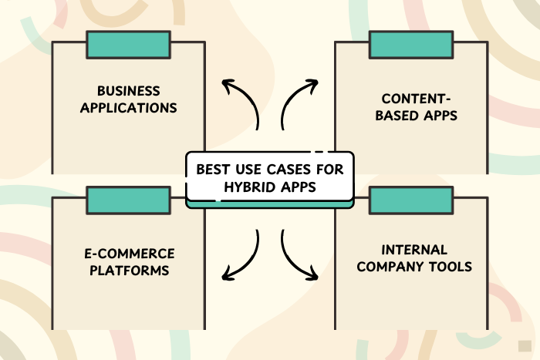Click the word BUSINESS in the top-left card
click(129, 90)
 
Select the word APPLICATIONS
click(129, 107)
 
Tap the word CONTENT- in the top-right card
click(411, 99)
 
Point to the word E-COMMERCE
click(129, 254)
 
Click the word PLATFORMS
click(129, 271)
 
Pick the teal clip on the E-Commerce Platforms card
click(129, 200)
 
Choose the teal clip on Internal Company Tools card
click(411, 200)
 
